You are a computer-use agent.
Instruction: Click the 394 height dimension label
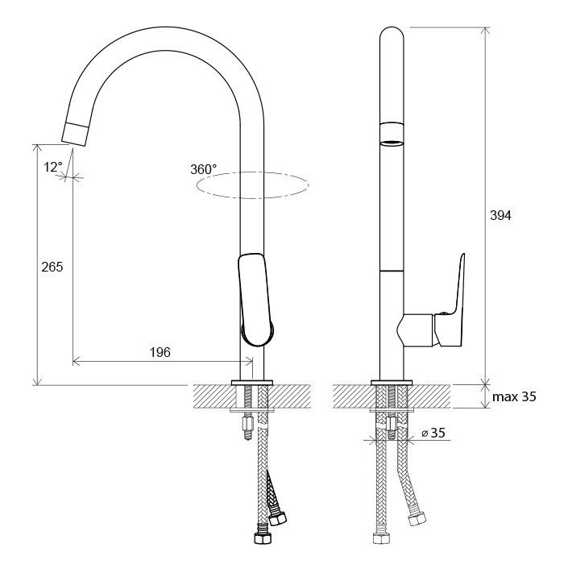[x=500, y=215]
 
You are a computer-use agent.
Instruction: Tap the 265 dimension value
[x=52, y=267]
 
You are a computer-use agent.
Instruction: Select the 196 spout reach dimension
[x=160, y=352]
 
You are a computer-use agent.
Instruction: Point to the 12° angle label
[x=53, y=168]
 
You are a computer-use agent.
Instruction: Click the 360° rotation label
[x=204, y=169]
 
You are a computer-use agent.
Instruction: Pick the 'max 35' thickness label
[x=514, y=396]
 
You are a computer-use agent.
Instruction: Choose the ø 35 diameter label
[x=433, y=433]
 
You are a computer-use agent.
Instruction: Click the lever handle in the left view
[x=255, y=300]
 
